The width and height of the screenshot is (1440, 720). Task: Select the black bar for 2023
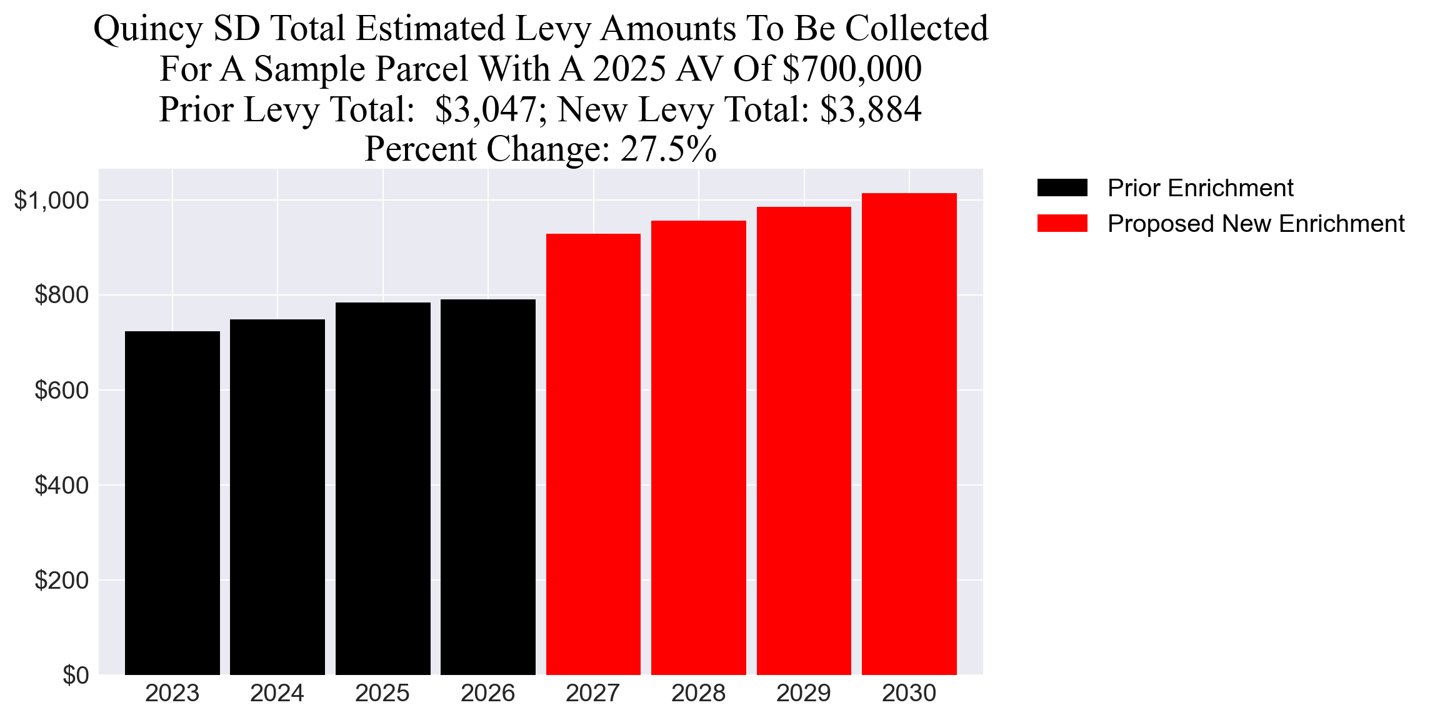pyautogui.click(x=172, y=503)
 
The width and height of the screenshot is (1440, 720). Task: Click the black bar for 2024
pyautogui.click(x=277, y=497)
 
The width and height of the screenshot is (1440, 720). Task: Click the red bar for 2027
pyautogui.click(x=593, y=454)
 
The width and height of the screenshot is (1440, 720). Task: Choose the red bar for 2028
pyautogui.click(x=698, y=447)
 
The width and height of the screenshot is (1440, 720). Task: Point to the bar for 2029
pyautogui.click(x=804, y=441)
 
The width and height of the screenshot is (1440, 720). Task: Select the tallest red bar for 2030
pyautogui.click(x=909, y=434)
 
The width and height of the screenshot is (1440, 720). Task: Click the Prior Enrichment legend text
pyautogui.click(x=1200, y=188)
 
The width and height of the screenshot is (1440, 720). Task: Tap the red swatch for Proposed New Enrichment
pyautogui.click(x=1062, y=224)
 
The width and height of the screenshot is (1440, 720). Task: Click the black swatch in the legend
pyautogui.click(x=1062, y=187)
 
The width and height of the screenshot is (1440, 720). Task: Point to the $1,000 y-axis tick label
pyautogui.click(x=51, y=201)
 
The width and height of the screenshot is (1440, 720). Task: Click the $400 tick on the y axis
pyautogui.click(x=61, y=486)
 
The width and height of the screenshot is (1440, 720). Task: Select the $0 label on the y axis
pyautogui.click(x=75, y=676)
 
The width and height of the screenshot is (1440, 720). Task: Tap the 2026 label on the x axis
pyautogui.click(x=487, y=694)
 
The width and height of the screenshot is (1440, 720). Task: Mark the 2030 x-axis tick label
pyautogui.click(x=909, y=694)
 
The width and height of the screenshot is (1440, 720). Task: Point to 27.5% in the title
pyautogui.click(x=668, y=149)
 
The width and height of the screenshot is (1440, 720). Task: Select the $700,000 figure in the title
pyautogui.click(x=851, y=69)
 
